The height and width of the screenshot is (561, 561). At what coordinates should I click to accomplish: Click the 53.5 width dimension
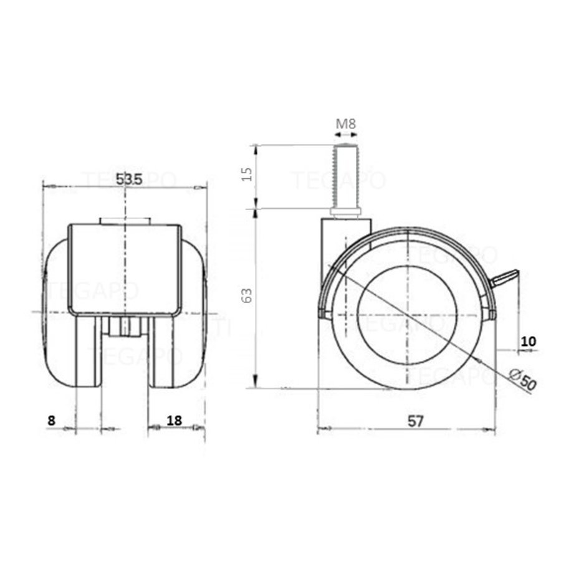(129, 178)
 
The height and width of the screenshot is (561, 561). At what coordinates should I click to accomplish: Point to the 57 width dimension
(416, 421)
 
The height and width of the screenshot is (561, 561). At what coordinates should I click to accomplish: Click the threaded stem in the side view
(346, 177)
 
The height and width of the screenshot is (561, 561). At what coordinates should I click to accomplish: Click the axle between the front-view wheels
(125, 327)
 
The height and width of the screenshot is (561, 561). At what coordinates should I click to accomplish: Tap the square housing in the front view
(125, 268)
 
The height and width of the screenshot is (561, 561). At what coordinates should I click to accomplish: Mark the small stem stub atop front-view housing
(125, 221)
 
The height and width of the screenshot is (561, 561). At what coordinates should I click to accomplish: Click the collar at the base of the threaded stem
(346, 214)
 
